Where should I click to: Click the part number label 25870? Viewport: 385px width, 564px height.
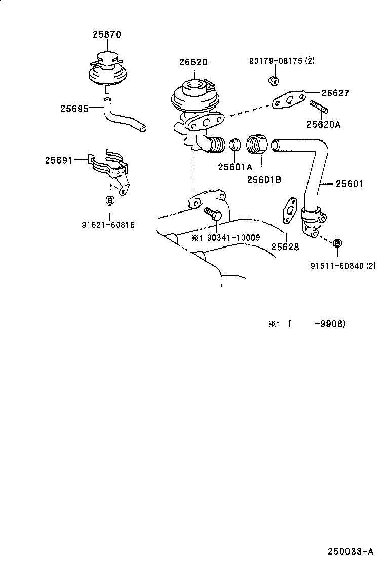106,34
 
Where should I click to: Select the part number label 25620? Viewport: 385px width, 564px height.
193,62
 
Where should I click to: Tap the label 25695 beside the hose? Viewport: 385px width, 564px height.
74,108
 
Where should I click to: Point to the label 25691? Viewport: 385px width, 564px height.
59,160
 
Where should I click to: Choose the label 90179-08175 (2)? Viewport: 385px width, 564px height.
282,61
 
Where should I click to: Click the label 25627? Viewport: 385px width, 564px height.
335,93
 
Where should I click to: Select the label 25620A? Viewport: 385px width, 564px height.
323,124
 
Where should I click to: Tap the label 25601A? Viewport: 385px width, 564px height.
235,167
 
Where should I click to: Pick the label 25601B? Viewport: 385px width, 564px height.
264,178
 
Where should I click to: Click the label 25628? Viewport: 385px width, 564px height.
285,247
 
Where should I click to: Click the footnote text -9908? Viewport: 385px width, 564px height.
330,324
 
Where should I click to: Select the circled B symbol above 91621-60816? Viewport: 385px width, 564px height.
109,200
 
